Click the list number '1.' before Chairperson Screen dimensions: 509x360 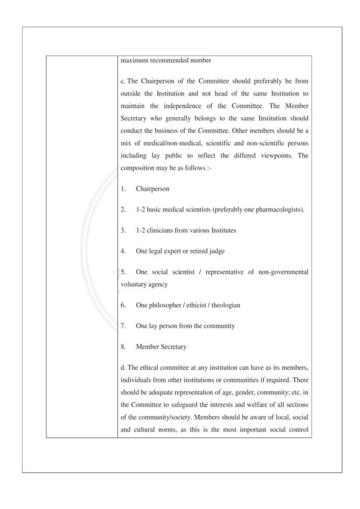[124, 189]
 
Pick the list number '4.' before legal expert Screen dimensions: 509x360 [124, 251]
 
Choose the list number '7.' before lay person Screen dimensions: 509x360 [124, 326]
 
